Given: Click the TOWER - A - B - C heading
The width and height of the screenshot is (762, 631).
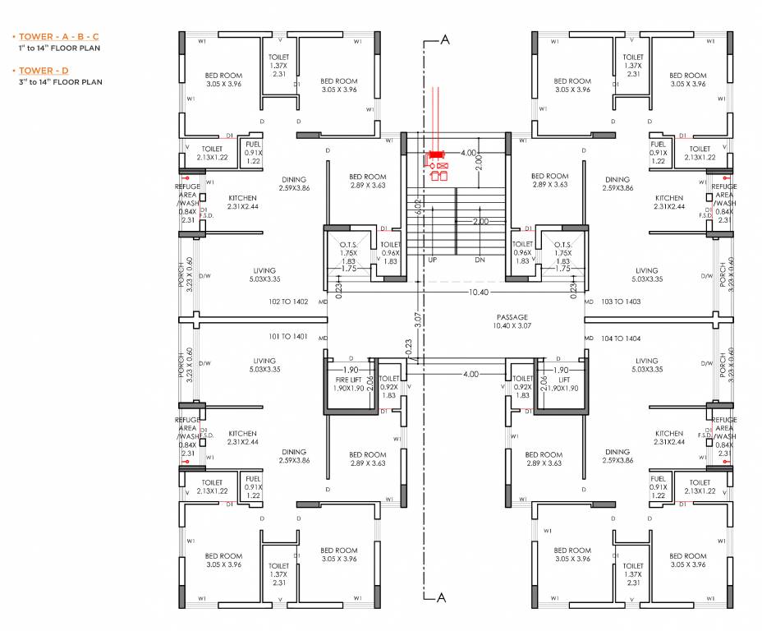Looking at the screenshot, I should pyautogui.click(x=58, y=37).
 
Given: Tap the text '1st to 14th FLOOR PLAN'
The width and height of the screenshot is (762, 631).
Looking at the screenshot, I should pyautogui.click(x=59, y=48).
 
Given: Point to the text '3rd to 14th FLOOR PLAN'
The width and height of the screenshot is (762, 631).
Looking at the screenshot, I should pyautogui.click(x=60, y=82).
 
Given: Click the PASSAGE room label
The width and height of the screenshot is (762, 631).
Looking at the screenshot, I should pyautogui.click(x=512, y=317).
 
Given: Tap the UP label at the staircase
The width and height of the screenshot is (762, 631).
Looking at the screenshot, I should pyautogui.click(x=432, y=260).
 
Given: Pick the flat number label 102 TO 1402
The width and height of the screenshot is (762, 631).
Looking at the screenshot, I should pyautogui.click(x=287, y=302).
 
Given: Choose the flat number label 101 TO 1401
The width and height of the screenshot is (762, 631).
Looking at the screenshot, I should pyautogui.click(x=287, y=337).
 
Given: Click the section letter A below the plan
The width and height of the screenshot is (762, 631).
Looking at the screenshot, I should pyautogui.click(x=442, y=596).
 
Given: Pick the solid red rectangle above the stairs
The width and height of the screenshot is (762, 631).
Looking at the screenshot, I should pyautogui.click(x=436, y=154).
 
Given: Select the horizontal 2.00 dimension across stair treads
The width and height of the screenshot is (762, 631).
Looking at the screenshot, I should pyautogui.click(x=480, y=222).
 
